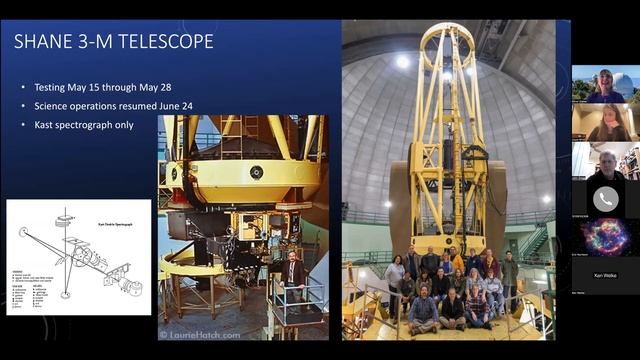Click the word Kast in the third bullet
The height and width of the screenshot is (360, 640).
48,124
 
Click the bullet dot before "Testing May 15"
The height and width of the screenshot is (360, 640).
23,86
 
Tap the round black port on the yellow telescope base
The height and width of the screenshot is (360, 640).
258,171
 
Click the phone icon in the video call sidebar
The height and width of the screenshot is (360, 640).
605,198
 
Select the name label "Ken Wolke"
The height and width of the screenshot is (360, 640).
605,273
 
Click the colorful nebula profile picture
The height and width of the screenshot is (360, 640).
605,239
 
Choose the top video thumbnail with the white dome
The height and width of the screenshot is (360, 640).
605,84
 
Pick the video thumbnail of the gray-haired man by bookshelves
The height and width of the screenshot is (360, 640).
605,160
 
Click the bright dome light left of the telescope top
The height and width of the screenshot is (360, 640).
401,61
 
